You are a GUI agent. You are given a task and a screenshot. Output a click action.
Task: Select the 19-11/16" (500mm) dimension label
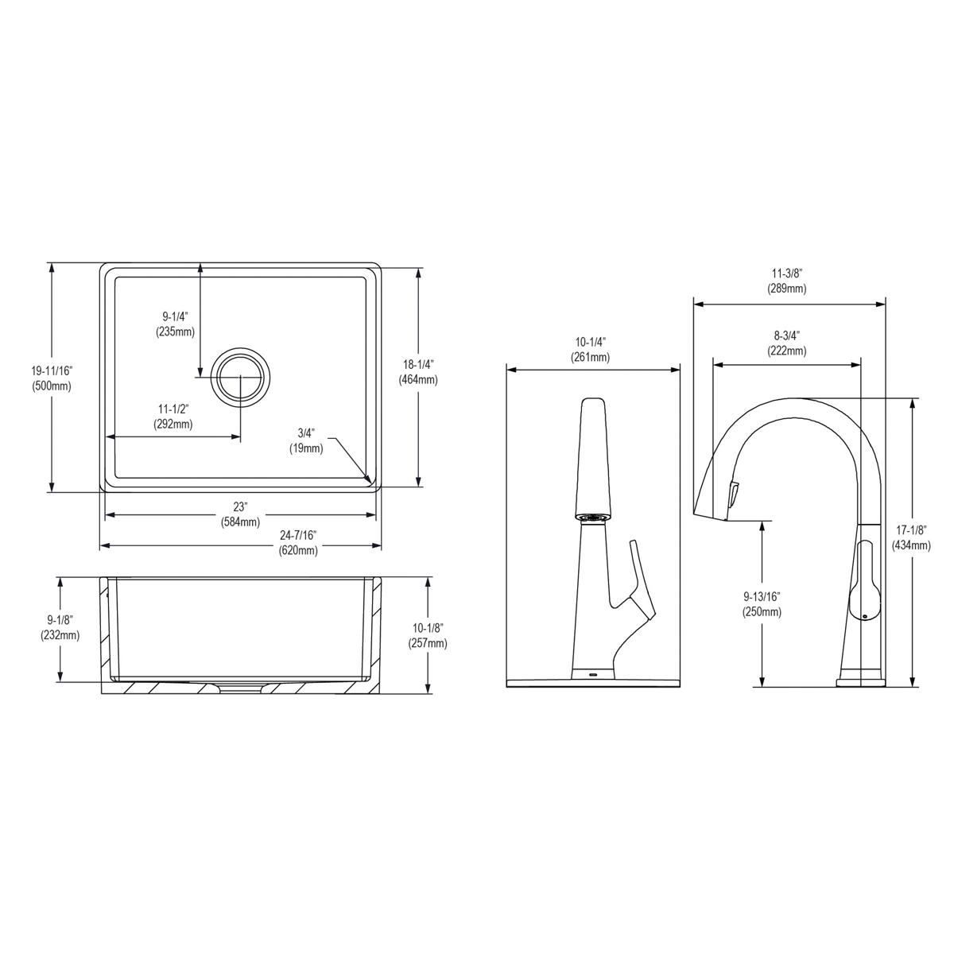point(52,378)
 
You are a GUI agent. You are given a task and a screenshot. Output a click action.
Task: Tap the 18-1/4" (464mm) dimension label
point(418,372)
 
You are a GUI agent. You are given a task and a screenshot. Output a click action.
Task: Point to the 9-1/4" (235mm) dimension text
point(175,324)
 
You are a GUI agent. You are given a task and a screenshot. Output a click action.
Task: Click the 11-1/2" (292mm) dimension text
point(173,417)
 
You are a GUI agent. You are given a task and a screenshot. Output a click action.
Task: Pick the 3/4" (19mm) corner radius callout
point(307,440)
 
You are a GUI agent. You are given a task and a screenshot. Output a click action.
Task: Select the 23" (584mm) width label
point(240,514)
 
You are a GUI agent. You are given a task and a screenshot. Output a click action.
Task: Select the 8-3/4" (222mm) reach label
point(786,343)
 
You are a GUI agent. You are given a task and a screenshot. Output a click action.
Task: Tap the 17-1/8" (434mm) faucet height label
point(911,537)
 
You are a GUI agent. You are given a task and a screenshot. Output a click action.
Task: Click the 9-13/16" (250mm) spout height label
point(762,604)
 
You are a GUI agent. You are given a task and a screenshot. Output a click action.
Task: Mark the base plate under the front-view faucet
point(593,682)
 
